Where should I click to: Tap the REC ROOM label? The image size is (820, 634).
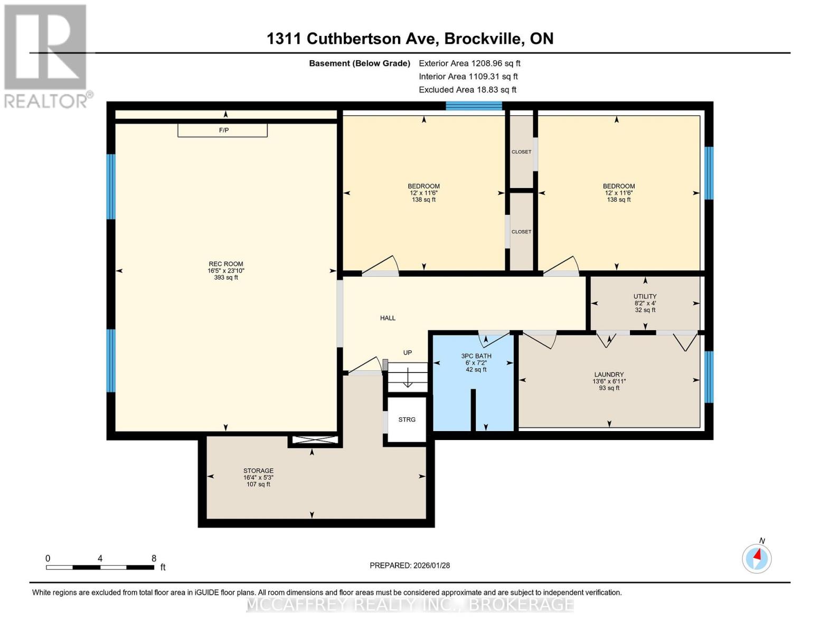coord(226,264)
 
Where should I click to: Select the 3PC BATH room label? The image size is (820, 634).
coord(476,356)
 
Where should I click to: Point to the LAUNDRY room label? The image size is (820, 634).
coord(609,375)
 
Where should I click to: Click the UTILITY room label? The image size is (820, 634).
coord(645,296)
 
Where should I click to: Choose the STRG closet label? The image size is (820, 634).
coord(407,419)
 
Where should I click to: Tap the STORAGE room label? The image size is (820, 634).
coord(258,471)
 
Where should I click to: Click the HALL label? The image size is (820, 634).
coord(388,318)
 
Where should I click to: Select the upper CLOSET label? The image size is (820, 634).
coord(521,152)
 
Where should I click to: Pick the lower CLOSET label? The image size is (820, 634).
coord(521,232)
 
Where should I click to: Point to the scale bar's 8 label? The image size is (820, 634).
coord(154,558)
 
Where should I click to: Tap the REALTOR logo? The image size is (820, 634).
coord(46,55)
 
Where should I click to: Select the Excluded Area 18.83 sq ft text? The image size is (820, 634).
coord(467,90)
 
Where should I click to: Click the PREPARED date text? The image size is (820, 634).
coord(410,565)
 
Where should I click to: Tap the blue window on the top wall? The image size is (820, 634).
coord(474,106)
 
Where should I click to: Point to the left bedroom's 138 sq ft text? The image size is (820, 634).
coord(423,200)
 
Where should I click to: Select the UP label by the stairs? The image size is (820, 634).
coord(407,352)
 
